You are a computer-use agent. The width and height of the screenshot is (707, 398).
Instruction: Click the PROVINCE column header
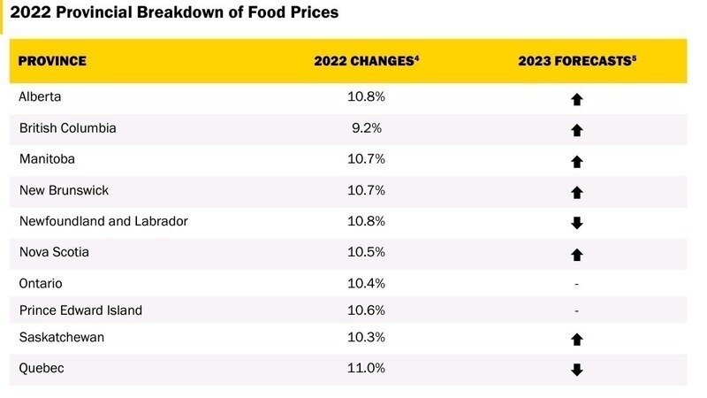(x=52, y=61)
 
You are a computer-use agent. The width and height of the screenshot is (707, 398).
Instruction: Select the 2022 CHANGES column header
(x=365, y=61)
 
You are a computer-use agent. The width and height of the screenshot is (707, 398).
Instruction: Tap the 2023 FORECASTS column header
(x=577, y=61)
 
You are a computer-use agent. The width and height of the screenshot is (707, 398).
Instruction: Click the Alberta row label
(x=40, y=96)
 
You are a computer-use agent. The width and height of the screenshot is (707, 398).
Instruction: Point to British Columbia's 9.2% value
(x=365, y=128)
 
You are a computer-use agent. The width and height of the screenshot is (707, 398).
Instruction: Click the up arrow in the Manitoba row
(x=577, y=161)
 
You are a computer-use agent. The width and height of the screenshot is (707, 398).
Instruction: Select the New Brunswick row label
(x=64, y=190)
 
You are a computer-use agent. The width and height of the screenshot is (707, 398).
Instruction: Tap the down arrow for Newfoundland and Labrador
(x=577, y=223)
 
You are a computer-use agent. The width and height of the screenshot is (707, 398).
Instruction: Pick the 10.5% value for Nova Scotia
(x=365, y=253)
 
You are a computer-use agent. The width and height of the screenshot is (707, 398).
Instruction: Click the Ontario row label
(x=41, y=284)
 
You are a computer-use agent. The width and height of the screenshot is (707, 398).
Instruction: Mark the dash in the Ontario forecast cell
(x=577, y=284)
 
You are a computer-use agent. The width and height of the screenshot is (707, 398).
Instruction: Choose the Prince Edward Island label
(x=80, y=310)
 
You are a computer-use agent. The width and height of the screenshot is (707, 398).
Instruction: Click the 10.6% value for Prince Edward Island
(x=365, y=310)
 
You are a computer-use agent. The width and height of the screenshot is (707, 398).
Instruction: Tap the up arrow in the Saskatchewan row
(x=577, y=339)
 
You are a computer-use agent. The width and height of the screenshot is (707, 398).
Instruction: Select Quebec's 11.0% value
(x=365, y=368)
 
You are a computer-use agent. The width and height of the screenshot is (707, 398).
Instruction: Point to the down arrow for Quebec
(x=577, y=370)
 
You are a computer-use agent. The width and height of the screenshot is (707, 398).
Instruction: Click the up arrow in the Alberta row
(x=577, y=99)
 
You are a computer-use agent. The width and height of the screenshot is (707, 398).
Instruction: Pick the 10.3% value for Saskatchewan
(x=365, y=338)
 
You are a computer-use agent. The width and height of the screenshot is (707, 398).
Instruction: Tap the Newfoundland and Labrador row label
(x=103, y=221)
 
